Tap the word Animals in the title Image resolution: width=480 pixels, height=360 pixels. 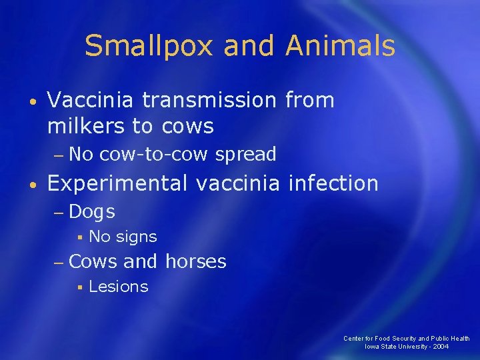click(x=340, y=47)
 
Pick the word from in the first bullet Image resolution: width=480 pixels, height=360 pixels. click(x=309, y=101)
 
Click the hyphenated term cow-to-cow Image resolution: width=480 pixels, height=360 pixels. click(x=157, y=155)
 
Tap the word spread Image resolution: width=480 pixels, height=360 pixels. click(x=245, y=155)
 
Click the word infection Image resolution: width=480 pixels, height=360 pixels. click(x=333, y=183)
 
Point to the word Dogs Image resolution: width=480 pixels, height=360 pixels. click(x=92, y=212)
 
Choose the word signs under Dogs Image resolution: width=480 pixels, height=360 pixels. click(x=137, y=237)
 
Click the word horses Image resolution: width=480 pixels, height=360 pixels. click(x=195, y=261)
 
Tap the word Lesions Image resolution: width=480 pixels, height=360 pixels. click(x=118, y=287)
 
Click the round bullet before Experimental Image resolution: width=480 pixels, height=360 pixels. click(x=33, y=184)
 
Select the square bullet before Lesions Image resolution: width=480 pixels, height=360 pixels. click(x=79, y=287)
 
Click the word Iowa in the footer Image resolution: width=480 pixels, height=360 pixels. click(x=372, y=347)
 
